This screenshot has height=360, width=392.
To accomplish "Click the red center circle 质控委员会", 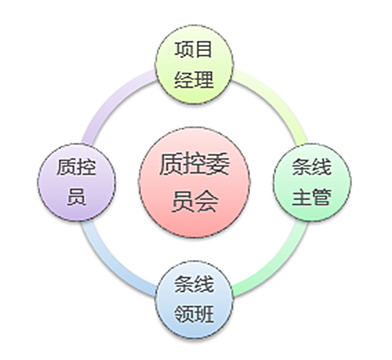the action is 194,183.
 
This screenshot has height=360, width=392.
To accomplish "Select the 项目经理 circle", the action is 194,64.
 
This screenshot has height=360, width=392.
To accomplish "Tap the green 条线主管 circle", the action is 312,182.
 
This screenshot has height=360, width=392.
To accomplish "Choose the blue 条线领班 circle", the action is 194,300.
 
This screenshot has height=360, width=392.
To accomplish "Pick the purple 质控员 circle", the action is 76,182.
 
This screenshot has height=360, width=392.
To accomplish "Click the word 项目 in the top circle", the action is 194,49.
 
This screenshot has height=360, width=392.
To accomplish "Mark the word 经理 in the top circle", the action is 194,79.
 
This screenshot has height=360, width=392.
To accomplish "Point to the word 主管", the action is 311,197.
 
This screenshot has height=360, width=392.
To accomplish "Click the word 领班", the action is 194,314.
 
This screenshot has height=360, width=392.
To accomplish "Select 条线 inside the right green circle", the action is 311,167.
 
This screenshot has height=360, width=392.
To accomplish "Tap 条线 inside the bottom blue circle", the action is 194,284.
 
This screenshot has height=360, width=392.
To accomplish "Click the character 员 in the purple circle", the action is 76,197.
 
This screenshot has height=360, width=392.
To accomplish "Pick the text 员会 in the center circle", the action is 194,201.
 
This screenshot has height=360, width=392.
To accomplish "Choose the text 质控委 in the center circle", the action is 194,165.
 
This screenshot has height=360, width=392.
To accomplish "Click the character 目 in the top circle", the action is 204,49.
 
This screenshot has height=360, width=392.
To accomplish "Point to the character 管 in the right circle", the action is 321,197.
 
